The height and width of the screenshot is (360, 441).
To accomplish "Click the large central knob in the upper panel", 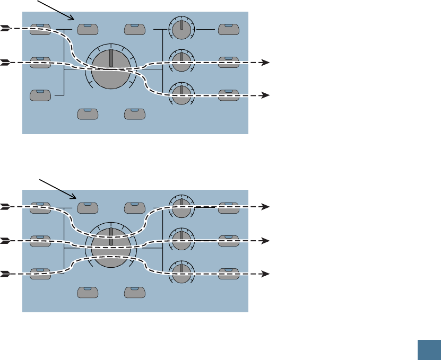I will pos(111,69).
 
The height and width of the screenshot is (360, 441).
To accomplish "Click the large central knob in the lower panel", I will pos(111,248).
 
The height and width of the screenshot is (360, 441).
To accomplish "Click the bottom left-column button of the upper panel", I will pos(41,95).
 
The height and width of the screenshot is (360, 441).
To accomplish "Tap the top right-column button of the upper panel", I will pos(229,28).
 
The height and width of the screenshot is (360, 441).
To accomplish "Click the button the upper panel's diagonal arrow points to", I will pos(88,28).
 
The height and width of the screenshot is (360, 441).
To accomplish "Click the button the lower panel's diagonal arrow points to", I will pos(88,207).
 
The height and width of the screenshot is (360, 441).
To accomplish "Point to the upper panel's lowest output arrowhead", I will pos(267,95).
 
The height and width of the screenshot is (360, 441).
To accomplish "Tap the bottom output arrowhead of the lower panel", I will pos(267,274).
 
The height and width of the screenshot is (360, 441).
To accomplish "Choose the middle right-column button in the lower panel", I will pos(229,240).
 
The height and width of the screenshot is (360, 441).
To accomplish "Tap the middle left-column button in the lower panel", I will pos(41,240).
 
